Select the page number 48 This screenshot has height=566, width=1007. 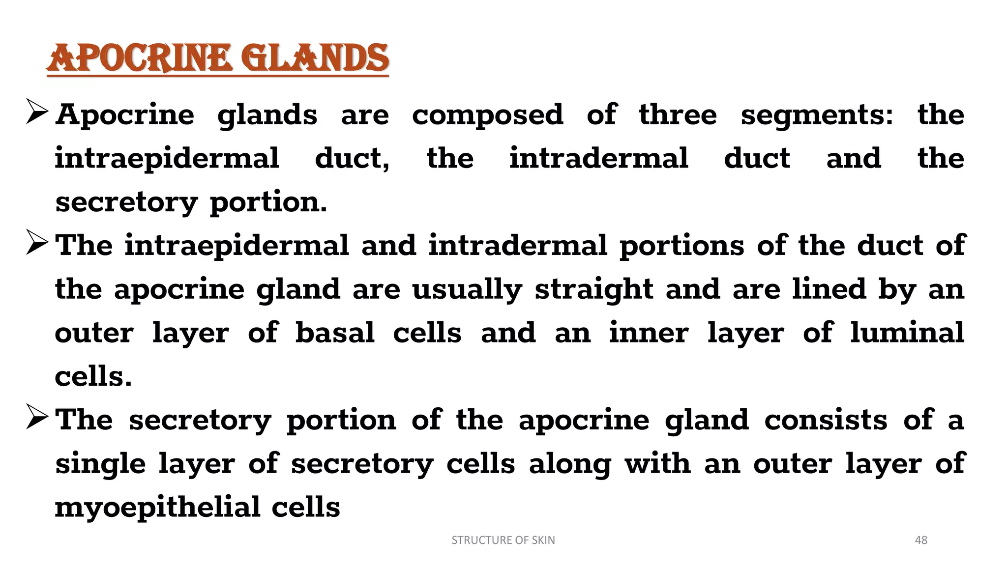pos(920,540)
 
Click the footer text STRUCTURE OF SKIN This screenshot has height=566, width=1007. pos(503,540)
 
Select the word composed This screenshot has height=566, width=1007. pos(487,115)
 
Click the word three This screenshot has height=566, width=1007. pos(678,115)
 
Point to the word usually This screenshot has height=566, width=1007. pos(467,289)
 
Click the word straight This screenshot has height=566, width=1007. pos(594,289)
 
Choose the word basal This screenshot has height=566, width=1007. pos(335,333)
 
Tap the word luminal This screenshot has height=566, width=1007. pos(907,333)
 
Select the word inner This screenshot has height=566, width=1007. pos(649,333)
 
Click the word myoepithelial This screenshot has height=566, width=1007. pos(157,508)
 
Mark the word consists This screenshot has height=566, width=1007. pos(826,420)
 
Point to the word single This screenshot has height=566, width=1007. pos(100,464)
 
